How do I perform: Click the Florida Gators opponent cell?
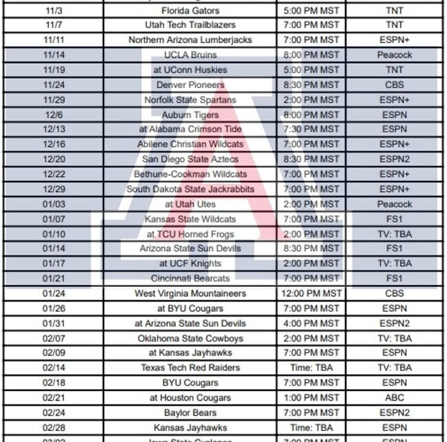[190, 10]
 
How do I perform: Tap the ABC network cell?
[394, 398]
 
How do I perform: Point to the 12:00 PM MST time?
[312, 294]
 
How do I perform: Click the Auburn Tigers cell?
[190, 115]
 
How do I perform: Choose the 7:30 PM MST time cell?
[312, 129]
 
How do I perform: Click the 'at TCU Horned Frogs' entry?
[190, 234]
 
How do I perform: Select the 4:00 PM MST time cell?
[312, 324]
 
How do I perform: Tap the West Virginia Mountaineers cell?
[190, 294]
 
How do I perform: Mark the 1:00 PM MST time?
[312, 398]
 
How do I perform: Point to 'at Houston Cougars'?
[190, 398]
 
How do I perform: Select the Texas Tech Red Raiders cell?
[190, 368]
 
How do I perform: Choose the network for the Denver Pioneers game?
[394, 85]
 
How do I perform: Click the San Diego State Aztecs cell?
[190, 160]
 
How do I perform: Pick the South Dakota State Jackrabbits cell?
[190, 189]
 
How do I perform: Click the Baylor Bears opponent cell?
[190, 413]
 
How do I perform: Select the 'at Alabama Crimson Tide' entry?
[190, 129]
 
